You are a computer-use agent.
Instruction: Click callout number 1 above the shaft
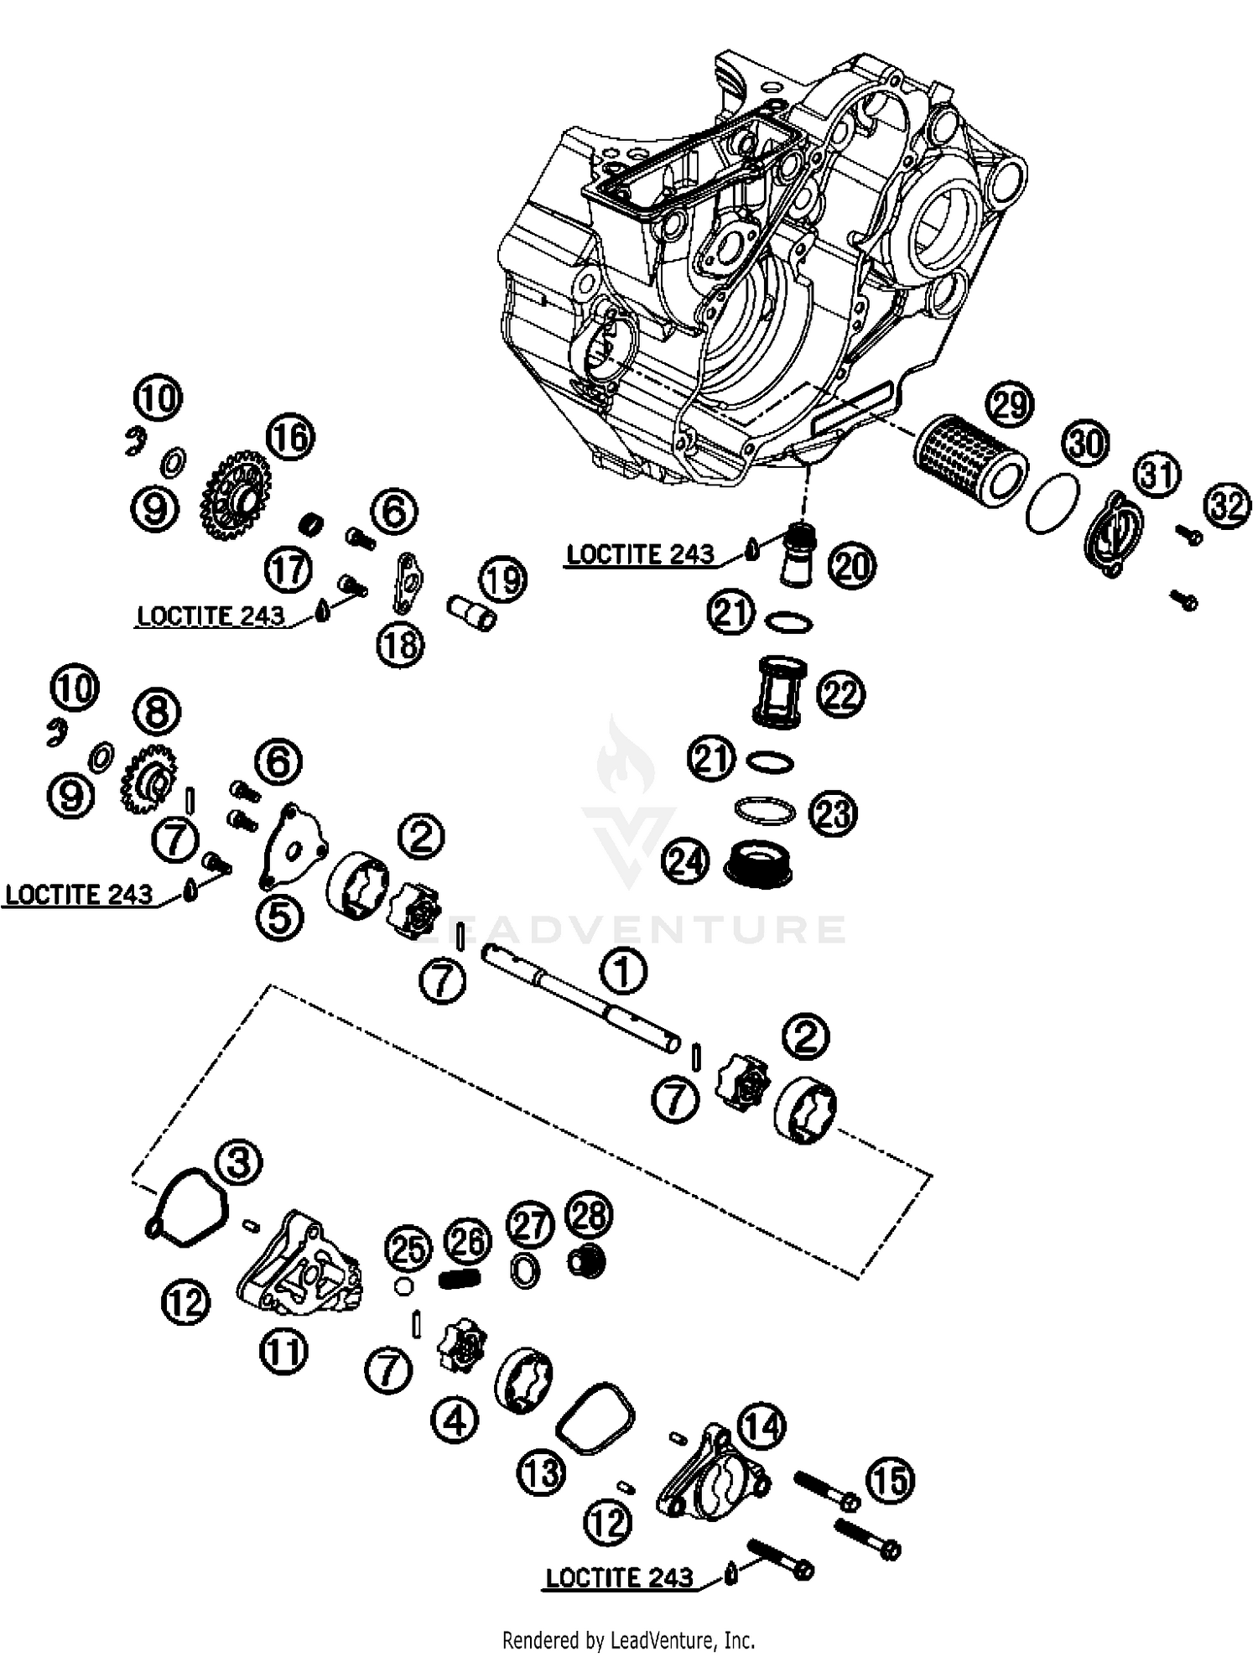pyautogui.click(x=622, y=972)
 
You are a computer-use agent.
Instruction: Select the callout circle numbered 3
pyautogui.click(x=238, y=1162)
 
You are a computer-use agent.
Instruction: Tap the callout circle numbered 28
pyautogui.click(x=590, y=1215)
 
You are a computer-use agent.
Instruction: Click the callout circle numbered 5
pyautogui.click(x=279, y=917)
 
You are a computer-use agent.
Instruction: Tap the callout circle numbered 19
pyautogui.click(x=503, y=579)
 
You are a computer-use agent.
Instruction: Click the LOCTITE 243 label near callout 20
pyautogui.click(x=640, y=554)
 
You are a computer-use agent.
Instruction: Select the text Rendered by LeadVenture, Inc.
pyautogui.click(x=628, y=1639)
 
